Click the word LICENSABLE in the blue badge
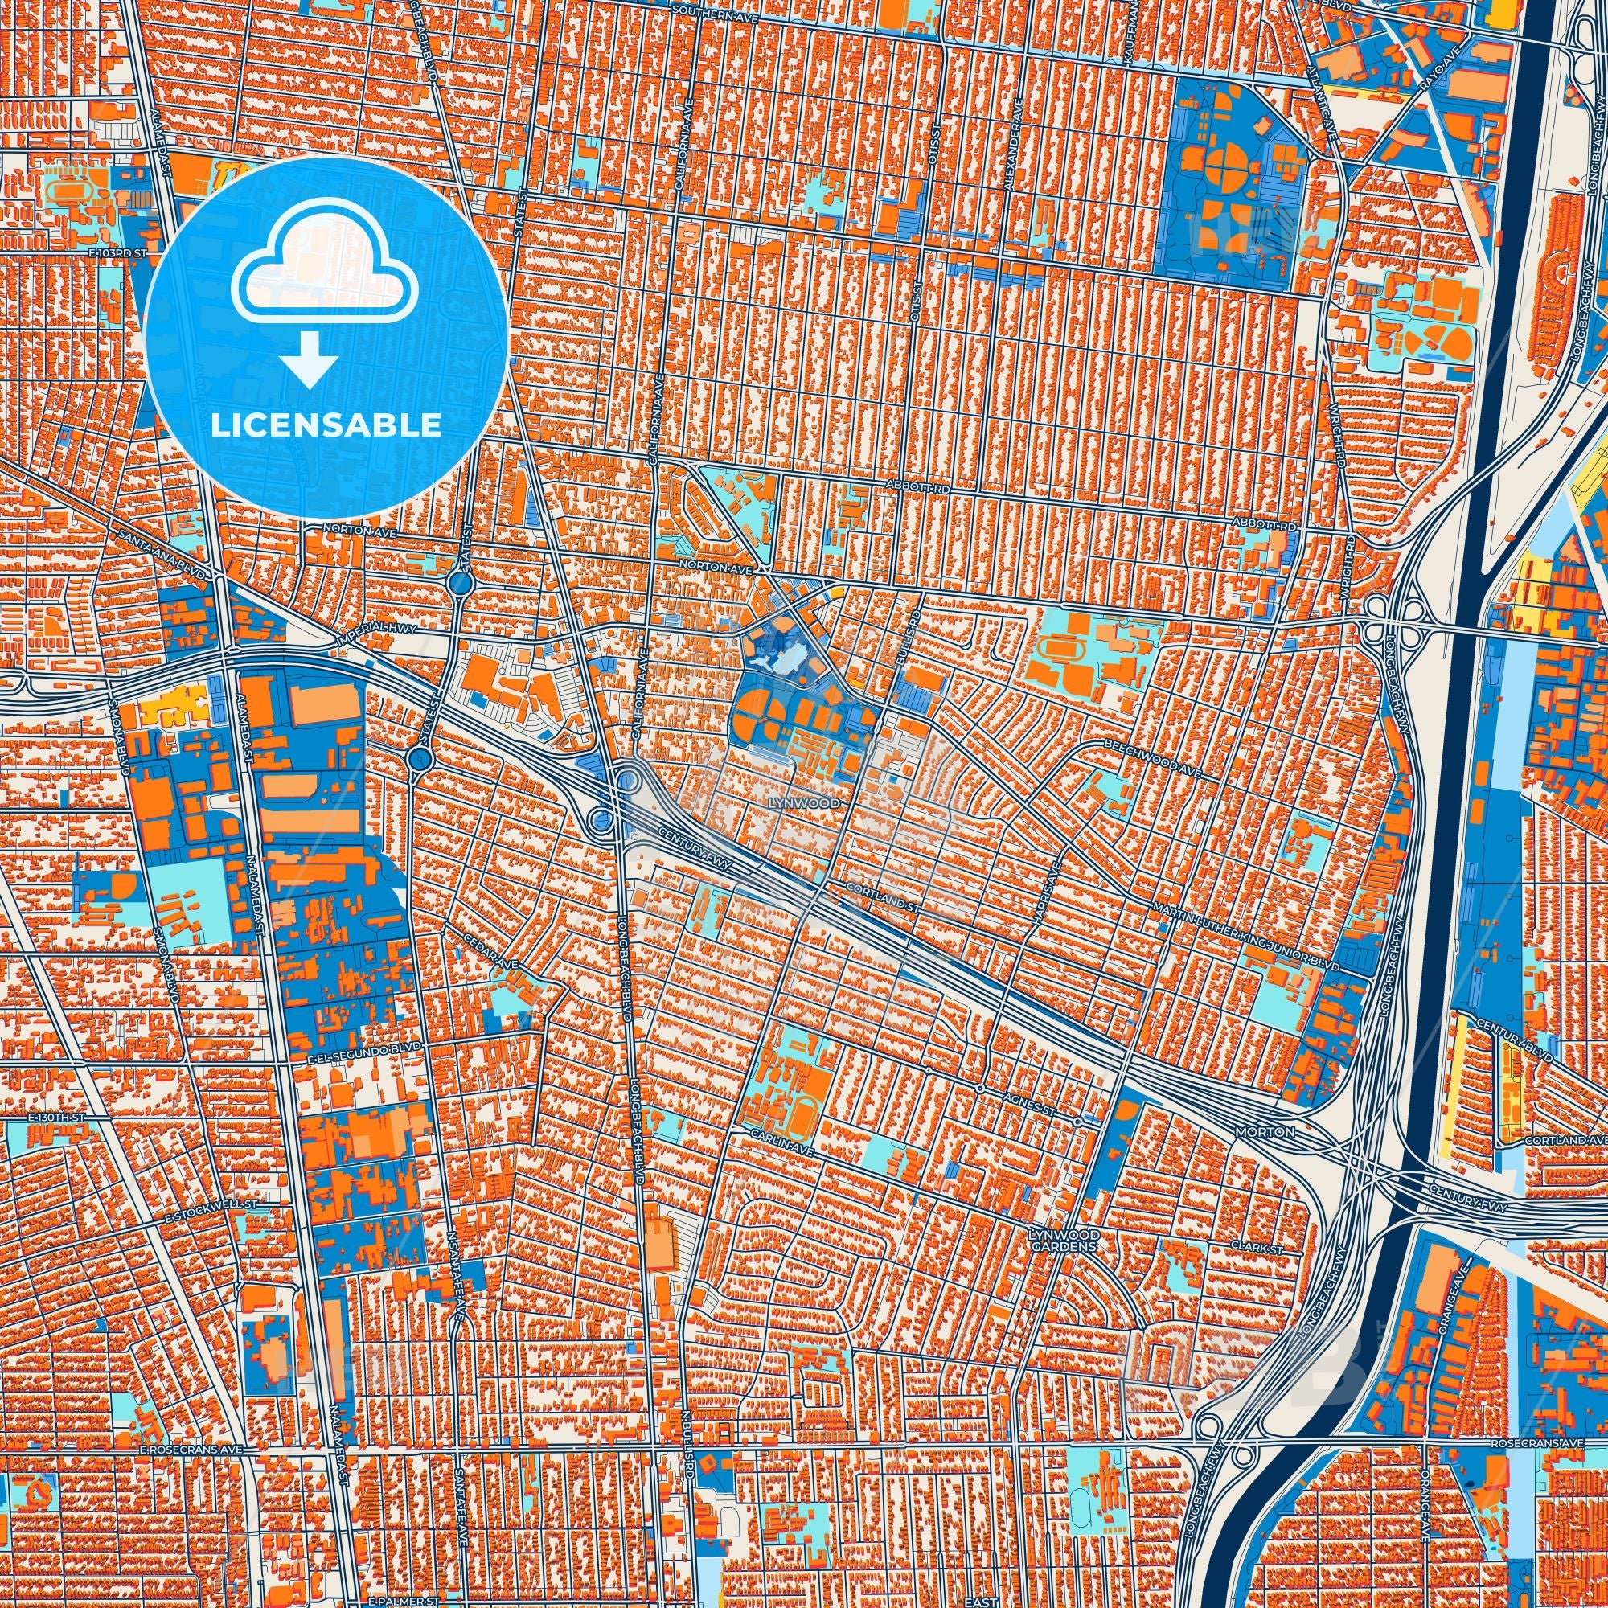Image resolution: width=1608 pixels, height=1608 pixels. click(326, 425)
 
